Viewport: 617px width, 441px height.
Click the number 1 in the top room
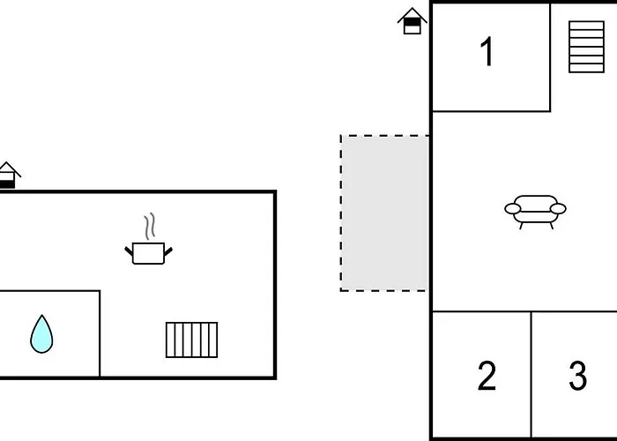[x=488, y=51]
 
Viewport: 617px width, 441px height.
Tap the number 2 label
[x=487, y=376]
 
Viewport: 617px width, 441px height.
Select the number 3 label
[x=578, y=376]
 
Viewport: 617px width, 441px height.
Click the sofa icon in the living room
[x=535, y=212]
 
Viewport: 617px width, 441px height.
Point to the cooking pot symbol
[x=148, y=253]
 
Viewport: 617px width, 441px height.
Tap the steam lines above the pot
[x=150, y=227]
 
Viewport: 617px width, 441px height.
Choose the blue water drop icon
[x=41, y=334]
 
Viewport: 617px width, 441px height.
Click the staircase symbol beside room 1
[x=586, y=47]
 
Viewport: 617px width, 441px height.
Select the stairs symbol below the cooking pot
[x=191, y=340]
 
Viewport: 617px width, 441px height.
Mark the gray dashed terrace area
[x=384, y=213]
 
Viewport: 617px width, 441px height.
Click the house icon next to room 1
[x=412, y=21]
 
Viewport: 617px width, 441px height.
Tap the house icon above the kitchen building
[x=8, y=176]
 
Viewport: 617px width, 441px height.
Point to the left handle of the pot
[x=129, y=250]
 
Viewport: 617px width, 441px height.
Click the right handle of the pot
[x=168, y=251]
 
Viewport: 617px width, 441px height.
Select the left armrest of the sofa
[x=513, y=209]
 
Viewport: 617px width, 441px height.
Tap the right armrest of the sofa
[x=558, y=209]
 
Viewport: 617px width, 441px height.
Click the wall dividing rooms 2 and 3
[x=532, y=374]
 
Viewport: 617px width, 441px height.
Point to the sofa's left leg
[x=522, y=226]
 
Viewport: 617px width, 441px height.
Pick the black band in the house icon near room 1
[x=412, y=22]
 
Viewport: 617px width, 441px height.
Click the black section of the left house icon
[x=7, y=184]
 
